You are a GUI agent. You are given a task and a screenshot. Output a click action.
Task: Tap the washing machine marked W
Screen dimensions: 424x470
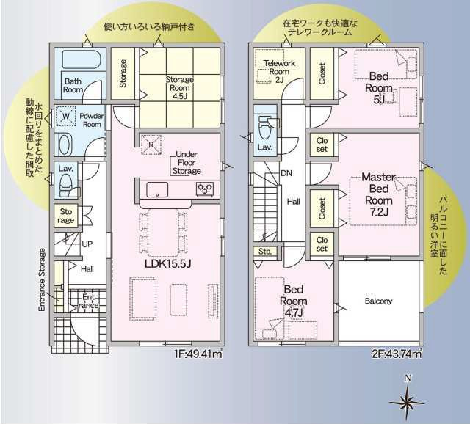click(65, 116)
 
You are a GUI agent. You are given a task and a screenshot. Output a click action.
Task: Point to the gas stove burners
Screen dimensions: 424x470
click(204, 189)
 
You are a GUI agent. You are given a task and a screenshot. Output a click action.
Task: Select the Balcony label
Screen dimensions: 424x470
click(378, 301)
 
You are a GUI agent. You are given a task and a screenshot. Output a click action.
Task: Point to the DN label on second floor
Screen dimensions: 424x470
click(286, 174)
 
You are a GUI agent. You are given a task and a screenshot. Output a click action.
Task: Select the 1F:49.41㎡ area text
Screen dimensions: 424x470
click(198, 354)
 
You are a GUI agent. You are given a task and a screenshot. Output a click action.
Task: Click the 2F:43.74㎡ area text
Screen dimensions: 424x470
click(396, 354)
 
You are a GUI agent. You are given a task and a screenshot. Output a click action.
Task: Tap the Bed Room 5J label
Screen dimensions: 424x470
click(380, 87)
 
